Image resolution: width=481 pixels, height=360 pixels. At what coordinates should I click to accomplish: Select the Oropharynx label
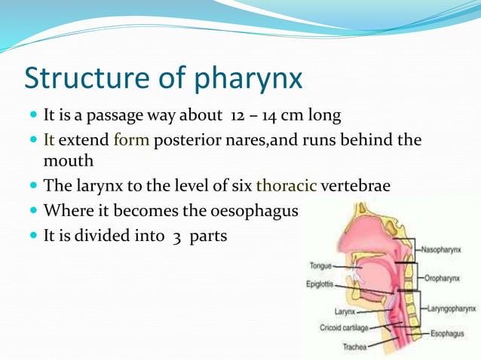tap(449, 277)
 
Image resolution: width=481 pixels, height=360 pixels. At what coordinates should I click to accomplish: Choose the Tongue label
tap(320, 265)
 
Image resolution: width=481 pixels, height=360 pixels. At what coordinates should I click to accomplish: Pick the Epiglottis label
tap(320, 285)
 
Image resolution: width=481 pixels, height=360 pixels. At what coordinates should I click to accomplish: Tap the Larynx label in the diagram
tap(345, 311)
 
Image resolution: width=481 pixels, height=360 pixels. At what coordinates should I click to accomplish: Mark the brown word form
tap(132, 140)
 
